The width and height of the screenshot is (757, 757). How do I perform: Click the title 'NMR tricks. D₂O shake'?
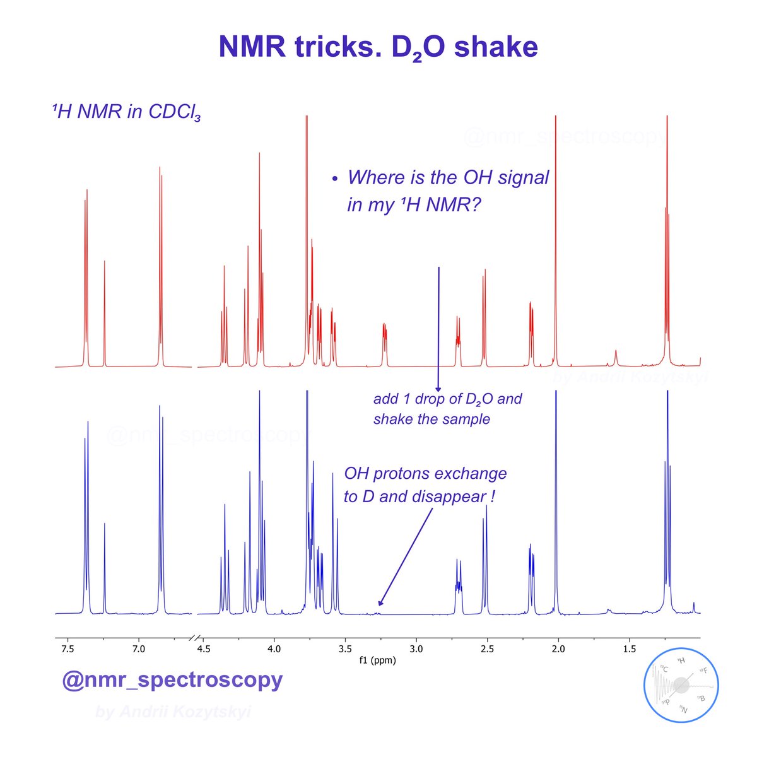378,47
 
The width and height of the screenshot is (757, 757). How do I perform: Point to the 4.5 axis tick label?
203,648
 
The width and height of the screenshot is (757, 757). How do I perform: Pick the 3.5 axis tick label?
344,648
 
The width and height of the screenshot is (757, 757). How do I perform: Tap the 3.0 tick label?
416,648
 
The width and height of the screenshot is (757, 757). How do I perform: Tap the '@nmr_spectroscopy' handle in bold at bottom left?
172,679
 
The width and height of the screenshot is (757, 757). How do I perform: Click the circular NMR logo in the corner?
681,684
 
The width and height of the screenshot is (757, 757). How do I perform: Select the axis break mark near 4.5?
195,637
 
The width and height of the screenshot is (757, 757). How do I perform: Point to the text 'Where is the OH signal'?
448,177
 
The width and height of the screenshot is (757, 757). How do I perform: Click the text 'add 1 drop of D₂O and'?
447,399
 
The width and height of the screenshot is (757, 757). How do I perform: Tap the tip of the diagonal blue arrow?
378,607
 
